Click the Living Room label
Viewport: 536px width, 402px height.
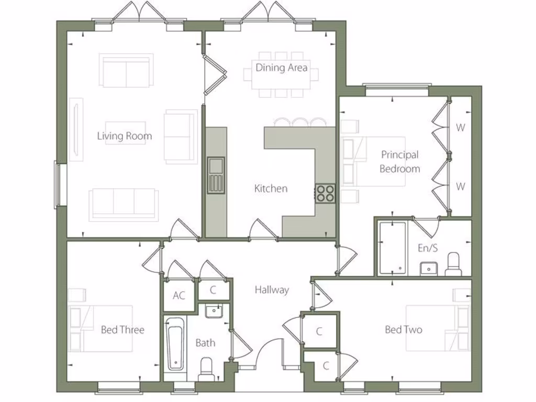click(125, 136)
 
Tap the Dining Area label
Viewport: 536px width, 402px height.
click(281, 68)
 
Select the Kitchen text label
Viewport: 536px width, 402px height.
click(271, 188)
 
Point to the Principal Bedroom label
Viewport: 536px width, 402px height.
click(400, 162)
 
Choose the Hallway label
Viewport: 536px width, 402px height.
click(272, 289)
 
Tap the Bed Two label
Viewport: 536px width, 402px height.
click(403, 329)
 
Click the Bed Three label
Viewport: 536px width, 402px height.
click(122, 330)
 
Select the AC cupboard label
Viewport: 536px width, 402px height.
click(179, 296)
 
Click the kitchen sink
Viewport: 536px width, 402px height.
click(216, 175)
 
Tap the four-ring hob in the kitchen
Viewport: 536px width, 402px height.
click(325, 193)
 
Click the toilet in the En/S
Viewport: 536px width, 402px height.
click(453, 264)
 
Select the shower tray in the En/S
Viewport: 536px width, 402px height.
click(392, 248)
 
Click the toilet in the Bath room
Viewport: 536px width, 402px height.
click(206, 369)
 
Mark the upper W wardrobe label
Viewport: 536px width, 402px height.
click(460, 127)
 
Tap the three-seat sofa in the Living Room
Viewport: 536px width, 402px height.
click(124, 204)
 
